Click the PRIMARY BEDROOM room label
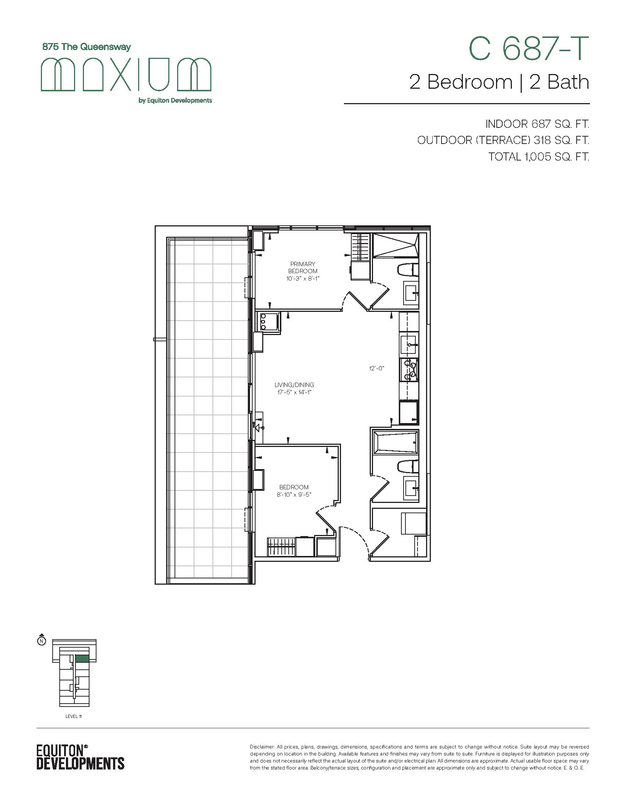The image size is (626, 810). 303,267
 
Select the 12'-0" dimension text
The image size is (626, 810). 377,368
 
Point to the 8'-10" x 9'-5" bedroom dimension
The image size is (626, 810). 294,494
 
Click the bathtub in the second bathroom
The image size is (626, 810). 395,442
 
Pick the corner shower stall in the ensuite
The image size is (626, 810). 395,245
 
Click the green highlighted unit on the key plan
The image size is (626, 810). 82,658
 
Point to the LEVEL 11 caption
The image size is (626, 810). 73,716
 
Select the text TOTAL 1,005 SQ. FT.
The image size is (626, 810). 539,157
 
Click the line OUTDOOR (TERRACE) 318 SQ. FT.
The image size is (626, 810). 503,140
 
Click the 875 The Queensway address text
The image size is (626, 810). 87,47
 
